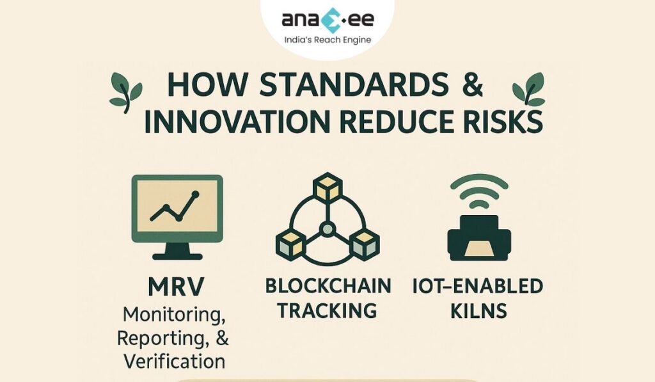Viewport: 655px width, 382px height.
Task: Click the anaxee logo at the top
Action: coord(327,20)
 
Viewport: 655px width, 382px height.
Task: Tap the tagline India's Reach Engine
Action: coord(327,40)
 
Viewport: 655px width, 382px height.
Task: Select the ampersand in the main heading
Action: coord(473,84)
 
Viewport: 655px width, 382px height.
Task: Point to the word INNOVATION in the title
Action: coord(237,122)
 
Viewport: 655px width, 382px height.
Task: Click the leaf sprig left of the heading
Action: coord(125,93)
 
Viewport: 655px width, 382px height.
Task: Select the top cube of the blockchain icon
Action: coord(328,186)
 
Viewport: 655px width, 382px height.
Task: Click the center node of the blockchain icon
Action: coord(327,229)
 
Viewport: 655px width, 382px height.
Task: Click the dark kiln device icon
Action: coord(479,238)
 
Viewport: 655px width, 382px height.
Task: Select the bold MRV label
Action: coord(176,287)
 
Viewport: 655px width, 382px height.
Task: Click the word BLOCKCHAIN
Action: coord(328,286)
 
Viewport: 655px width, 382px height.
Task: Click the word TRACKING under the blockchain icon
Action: coord(327,311)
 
